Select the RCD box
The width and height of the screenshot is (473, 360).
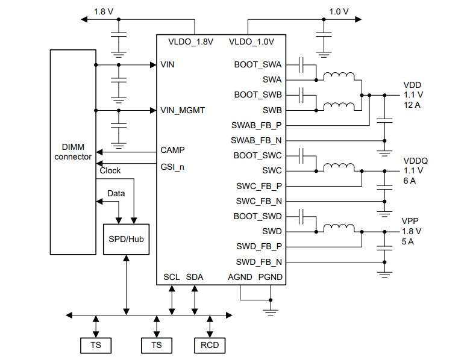tap(209, 345)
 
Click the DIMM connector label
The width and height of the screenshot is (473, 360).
tap(72, 152)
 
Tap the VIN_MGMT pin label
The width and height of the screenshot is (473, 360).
tap(183, 110)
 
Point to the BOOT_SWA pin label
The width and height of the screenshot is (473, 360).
tap(258, 64)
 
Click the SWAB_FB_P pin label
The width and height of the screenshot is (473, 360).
tap(256, 125)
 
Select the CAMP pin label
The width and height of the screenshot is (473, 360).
tap(173, 149)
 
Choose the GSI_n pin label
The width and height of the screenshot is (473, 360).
tap(172, 166)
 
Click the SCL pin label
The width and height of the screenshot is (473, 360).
tap(172, 277)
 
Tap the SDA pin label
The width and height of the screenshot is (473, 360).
tap(195, 277)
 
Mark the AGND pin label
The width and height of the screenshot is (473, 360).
tap(240, 277)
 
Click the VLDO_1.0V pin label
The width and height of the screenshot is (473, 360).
tap(251, 42)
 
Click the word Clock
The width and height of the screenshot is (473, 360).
tap(110, 170)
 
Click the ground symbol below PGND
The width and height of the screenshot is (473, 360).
tap(271, 311)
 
